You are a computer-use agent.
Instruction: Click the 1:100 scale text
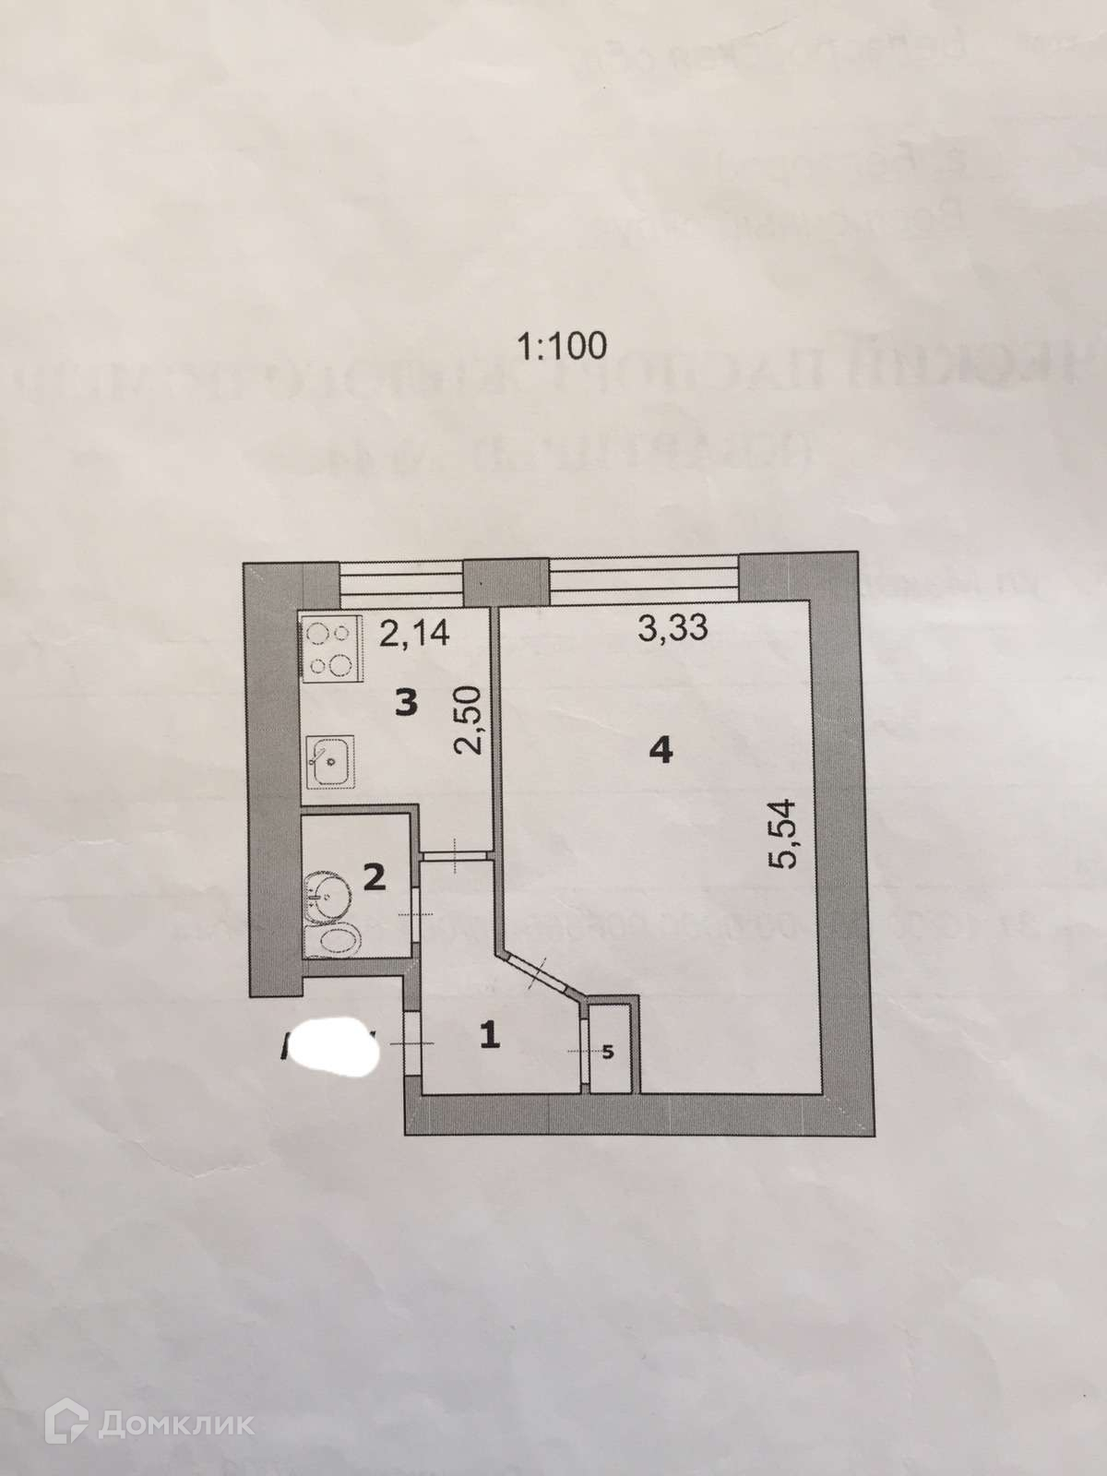562,346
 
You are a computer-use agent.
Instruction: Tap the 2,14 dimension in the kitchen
414,634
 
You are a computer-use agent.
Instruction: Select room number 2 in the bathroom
374,877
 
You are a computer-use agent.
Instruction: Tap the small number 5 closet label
608,1053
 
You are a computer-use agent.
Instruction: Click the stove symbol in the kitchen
330,649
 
